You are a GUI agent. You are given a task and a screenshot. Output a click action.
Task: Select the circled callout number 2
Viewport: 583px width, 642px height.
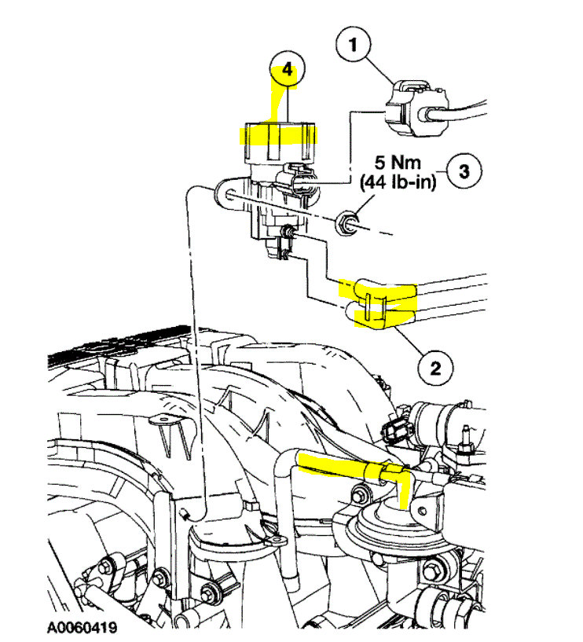click(437, 365)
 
